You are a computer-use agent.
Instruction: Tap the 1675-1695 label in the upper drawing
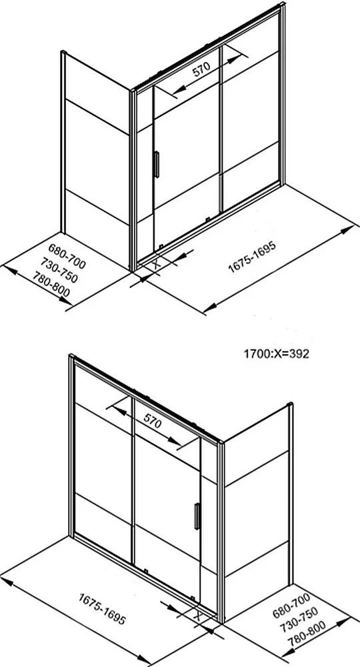coord(252,257)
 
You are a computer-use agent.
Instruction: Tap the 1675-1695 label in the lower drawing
coord(102,609)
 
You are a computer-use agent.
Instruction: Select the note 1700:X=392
coord(276,354)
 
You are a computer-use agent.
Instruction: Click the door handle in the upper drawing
coord(157,164)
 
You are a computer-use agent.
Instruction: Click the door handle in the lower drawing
coord(197,516)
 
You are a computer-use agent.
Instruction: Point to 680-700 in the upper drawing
coord(67,256)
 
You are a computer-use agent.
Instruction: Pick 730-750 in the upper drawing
coord(59,270)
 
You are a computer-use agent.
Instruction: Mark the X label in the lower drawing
coord(197,616)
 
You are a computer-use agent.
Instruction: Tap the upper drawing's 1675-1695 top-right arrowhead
coord(348,229)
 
